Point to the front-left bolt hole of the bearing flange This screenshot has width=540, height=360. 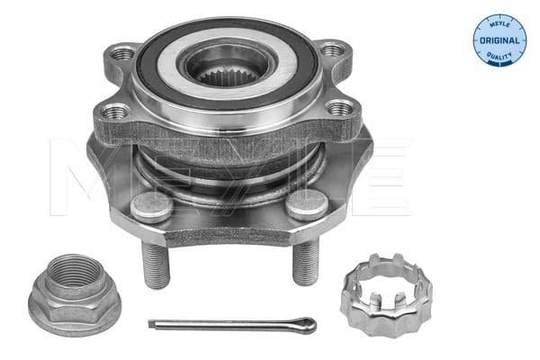(x=116, y=112)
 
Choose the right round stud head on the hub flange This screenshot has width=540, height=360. (x=306, y=204)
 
